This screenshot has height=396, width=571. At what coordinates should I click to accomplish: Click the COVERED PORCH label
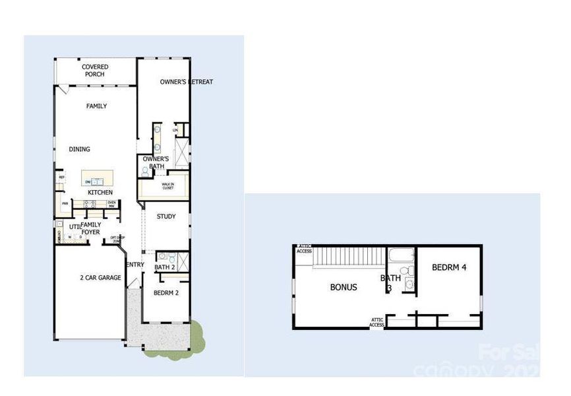[x=94, y=71]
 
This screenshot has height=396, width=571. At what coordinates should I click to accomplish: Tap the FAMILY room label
[x=96, y=106]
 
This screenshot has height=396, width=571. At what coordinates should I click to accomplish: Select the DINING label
[x=79, y=149]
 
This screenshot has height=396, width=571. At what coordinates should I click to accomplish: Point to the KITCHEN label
[x=100, y=192]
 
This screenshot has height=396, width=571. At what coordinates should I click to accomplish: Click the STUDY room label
[x=165, y=216]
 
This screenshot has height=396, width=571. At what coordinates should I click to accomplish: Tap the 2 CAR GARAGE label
[x=100, y=278]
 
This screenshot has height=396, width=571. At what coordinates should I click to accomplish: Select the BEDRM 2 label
[x=166, y=292]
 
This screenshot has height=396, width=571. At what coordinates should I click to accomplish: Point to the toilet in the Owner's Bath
[x=145, y=170]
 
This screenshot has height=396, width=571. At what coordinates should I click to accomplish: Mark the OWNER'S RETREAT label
[x=186, y=82]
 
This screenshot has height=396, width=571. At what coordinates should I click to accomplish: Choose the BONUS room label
[x=344, y=287]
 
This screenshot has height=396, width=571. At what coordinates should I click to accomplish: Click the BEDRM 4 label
[x=449, y=267]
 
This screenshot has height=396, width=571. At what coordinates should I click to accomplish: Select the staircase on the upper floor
[x=347, y=256]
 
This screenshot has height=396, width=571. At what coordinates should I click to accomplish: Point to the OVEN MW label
[x=111, y=204]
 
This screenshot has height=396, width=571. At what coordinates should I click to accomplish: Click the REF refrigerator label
[x=61, y=178]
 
